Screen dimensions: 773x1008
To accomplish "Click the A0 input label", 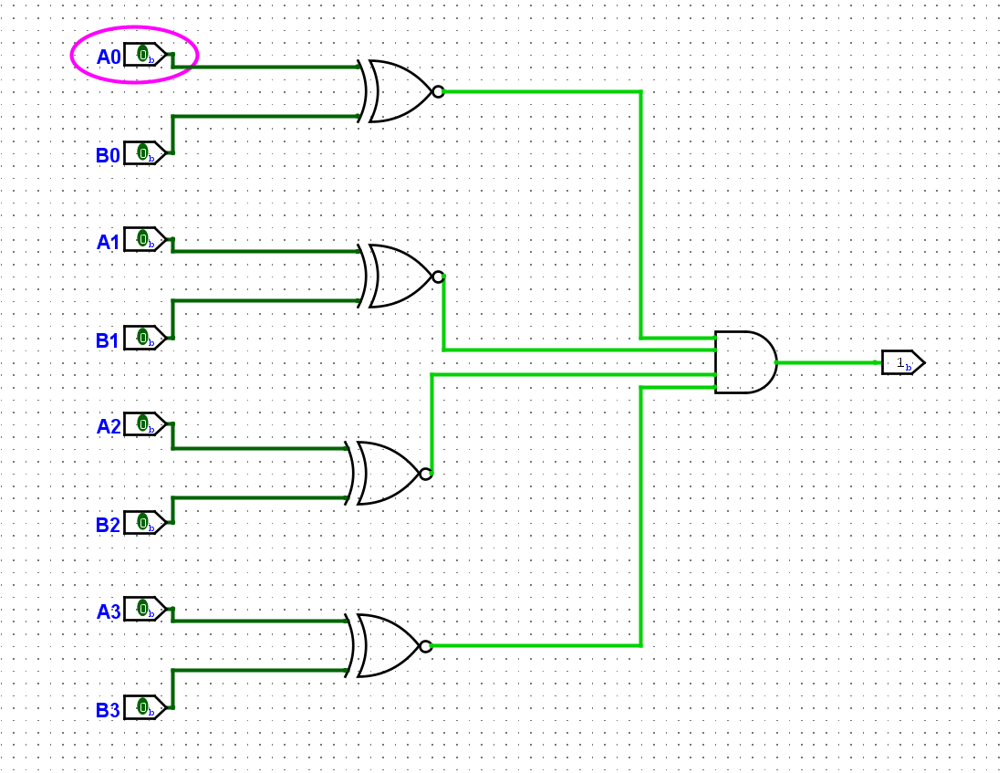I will (109, 57).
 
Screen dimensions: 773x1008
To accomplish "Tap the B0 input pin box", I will (144, 153).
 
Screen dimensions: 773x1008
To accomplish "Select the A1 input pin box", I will (144, 239).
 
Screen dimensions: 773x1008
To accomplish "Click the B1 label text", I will (108, 341).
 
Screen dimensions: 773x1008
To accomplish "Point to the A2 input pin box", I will (144, 424).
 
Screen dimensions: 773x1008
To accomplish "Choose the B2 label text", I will (108, 526).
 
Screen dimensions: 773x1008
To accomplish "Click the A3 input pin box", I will (144, 609).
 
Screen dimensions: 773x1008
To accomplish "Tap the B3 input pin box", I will (144, 707).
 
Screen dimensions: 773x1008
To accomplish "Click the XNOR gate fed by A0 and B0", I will (398, 91).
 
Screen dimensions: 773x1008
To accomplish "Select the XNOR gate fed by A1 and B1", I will (398, 277).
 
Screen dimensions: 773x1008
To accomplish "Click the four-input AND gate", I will (744, 362).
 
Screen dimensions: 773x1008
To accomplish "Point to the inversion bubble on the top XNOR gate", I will (438, 91).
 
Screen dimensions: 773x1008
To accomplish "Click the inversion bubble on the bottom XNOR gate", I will (426, 646).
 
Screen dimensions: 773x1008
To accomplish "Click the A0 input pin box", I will (144, 55).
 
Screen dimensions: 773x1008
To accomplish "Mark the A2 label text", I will (109, 426).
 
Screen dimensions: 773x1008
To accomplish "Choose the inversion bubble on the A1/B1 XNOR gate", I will (438, 277).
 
